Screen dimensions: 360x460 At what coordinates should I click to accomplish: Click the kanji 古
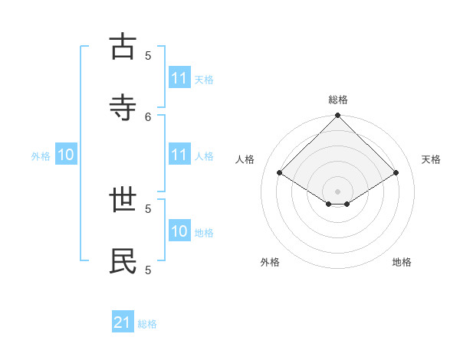123,47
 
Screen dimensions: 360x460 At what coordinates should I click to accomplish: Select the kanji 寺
123,108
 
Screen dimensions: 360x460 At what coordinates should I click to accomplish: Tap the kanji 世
123,200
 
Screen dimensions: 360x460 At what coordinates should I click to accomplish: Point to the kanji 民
123,261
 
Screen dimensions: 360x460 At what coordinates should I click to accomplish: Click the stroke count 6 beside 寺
148,116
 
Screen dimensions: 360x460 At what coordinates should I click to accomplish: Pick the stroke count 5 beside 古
148,55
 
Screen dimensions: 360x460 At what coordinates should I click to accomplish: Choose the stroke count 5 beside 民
148,270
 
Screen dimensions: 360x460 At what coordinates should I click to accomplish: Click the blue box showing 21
123,323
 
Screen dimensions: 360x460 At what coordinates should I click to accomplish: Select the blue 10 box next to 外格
66,155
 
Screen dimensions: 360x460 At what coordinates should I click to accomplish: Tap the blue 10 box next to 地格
179,232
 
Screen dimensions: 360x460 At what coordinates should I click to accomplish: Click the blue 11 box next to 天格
179,78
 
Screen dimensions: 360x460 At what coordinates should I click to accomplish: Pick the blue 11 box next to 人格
179,155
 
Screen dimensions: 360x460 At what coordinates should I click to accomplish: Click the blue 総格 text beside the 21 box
147,324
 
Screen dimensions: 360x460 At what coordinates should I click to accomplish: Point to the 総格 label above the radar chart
338,100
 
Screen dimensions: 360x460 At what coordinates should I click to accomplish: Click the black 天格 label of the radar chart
432,159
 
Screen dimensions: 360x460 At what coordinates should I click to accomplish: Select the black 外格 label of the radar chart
270,262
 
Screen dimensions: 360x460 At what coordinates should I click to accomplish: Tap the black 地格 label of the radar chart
402,262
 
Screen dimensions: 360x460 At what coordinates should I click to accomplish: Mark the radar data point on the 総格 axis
338,116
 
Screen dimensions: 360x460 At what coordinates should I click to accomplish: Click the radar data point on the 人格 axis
280,173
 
